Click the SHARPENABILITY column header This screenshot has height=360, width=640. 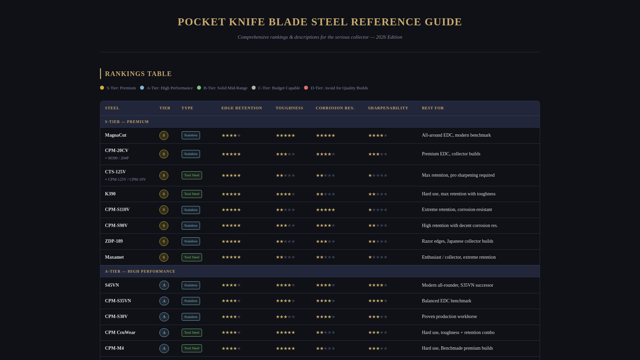point(388,108)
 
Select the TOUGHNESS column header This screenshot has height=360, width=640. point(289,108)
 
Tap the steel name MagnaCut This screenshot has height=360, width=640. point(116,135)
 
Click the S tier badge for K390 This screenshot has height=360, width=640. point(164,194)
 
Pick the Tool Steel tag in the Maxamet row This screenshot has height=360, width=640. point(192,257)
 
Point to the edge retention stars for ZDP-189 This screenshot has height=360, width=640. point(231,242)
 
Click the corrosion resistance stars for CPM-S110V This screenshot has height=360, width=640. point(325,210)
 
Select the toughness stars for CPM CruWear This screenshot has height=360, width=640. point(285,333)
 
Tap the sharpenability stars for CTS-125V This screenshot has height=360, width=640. point(378,176)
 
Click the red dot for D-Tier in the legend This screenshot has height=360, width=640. point(306,88)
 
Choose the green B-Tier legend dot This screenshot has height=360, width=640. point(199,88)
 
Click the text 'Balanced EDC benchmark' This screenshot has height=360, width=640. point(446,301)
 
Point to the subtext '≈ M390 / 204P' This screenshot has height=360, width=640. point(117,158)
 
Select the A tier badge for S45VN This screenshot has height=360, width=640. point(164,285)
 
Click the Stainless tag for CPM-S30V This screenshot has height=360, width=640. point(191,317)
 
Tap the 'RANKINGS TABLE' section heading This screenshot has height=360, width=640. point(138,74)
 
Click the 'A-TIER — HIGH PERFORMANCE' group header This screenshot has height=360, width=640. point(140,271)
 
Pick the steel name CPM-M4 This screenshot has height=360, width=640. point(114,348)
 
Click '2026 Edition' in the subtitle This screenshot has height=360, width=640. point(389,37)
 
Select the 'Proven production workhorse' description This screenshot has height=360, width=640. point(449,317)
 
